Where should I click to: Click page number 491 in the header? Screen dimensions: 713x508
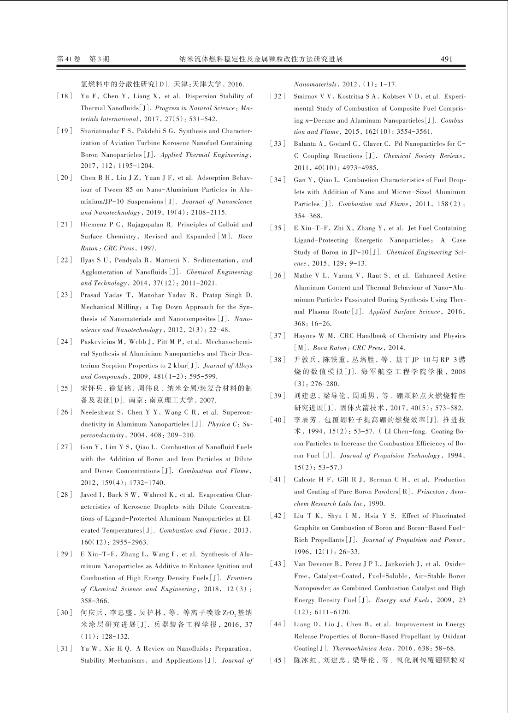(446, 59)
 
